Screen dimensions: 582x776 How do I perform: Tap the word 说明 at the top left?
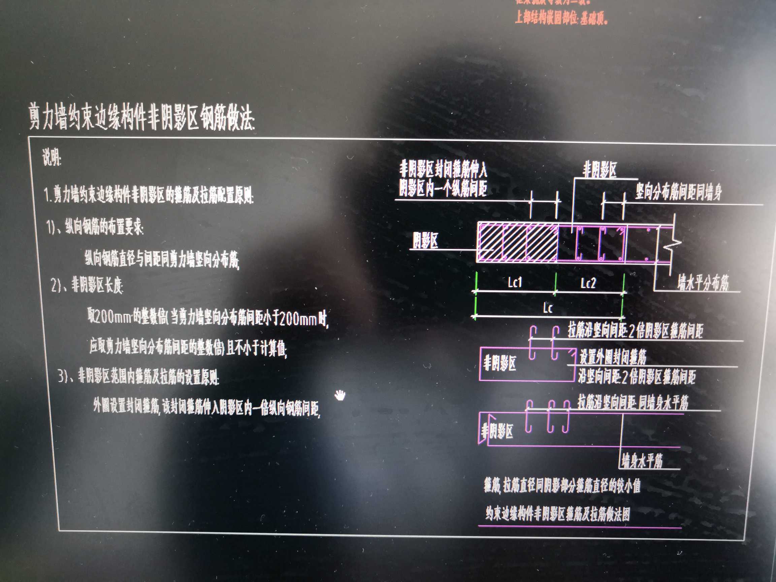[x=52, y=158]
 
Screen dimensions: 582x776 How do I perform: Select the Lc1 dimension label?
[x=515, y=282]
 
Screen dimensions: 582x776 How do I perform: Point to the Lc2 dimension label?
[x=588, y=283]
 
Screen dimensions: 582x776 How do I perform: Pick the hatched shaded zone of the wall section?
[x=517, y=243]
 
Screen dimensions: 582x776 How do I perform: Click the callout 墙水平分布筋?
[x=703, y=283]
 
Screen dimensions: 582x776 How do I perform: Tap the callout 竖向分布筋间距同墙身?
[x=678, y=192]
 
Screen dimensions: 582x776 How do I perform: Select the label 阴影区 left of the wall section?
[x=425, y=241]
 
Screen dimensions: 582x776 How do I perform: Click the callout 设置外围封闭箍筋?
[x=613, y=357]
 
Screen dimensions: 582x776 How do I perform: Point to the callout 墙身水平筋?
[x=642, y=461]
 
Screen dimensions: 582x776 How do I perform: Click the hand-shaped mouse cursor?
[x=339, y=395]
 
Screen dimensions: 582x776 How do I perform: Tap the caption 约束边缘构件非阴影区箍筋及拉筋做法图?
[x=557, y=514]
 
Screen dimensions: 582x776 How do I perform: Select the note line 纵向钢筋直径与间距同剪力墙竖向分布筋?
[x=161, y=259]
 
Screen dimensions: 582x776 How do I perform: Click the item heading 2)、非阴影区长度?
[x=87, y=285]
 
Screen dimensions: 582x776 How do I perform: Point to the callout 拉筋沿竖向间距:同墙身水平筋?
[x=633, y=402]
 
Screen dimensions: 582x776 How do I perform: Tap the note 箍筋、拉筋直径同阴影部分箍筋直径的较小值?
[x=562, y=486]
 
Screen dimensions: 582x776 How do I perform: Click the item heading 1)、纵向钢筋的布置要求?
[x=95, y=227]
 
